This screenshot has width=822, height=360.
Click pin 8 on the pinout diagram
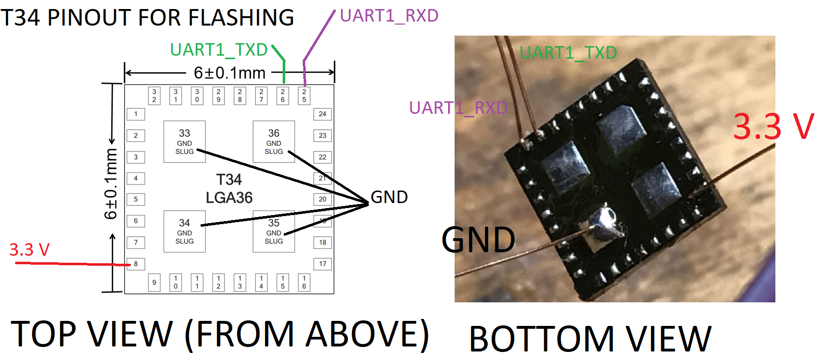[x=136, y=264]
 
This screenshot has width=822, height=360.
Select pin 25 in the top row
[x=304, y=96]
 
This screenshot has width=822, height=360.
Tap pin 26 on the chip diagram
[x=283, y=96]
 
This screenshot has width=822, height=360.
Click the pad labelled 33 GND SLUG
[x=184, y=142]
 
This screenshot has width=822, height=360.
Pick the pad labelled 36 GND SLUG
[x=274, y=142]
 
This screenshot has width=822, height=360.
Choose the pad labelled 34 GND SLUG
[x=184, y=232]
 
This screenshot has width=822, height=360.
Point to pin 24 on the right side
[x=323, y=114]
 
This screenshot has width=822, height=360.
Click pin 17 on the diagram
[x=323, y=264]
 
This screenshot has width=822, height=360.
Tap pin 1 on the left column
[x=136, y=114]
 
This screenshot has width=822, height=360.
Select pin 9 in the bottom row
[x=154, y=283]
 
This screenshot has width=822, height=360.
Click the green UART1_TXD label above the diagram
[x=219, y=50]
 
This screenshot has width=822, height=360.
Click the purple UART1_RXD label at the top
[x=389, y=16]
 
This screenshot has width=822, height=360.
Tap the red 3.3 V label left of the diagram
[x=30, y=250]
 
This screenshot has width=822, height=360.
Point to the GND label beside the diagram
[x=389, y=197]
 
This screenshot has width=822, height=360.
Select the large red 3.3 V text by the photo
[x=773, y=127]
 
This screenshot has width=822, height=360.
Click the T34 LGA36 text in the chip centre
[x=229, y=189]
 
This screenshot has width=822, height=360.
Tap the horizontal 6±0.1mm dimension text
[x=230, y=73]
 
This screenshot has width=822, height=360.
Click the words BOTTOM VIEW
[x=590, y=338]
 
